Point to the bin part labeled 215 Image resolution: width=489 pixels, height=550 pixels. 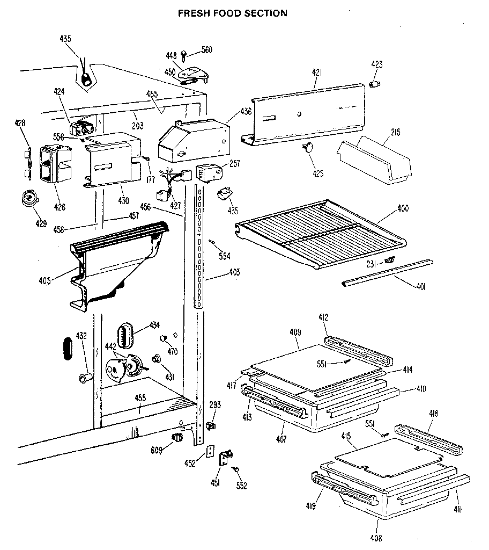[x=375, y=161]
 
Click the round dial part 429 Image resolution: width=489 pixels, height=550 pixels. [x=30, y=199]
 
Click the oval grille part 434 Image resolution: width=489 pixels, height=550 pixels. [x=127, y=335]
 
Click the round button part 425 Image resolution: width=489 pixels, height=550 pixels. [x=309, y=149]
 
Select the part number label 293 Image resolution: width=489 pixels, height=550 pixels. [x=215, y=405]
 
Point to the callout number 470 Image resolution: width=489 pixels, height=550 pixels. [x=172, y=352]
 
